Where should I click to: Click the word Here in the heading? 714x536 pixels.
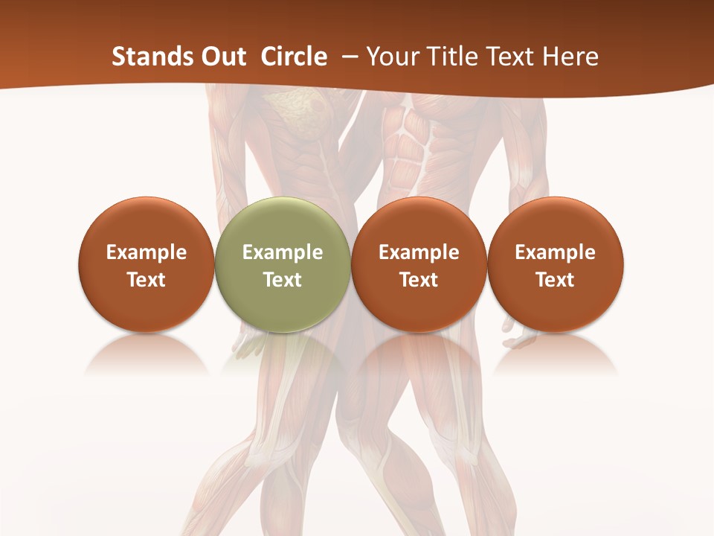[x=571, y=57]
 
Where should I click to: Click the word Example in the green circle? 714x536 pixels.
[x=283, y=252]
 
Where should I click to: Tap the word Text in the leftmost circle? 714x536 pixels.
[x=147, y=280]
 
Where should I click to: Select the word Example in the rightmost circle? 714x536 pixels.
[x=556, y=252]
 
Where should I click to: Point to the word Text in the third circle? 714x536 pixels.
[x=419, y=280]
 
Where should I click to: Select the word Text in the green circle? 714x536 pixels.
[x=283, y=280]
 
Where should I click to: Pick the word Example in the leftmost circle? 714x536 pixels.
[x=147, y=252]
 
